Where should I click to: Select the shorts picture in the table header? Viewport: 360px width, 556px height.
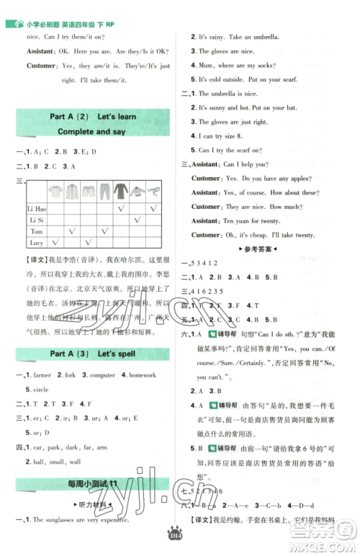coord(89,191)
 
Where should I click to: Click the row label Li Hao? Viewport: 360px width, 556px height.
coord(37,207)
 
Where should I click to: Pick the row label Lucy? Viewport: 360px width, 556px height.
coord(37,244)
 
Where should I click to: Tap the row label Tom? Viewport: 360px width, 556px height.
coord(37,232)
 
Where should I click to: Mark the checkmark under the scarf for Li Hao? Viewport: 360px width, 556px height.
coord(155,207)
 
